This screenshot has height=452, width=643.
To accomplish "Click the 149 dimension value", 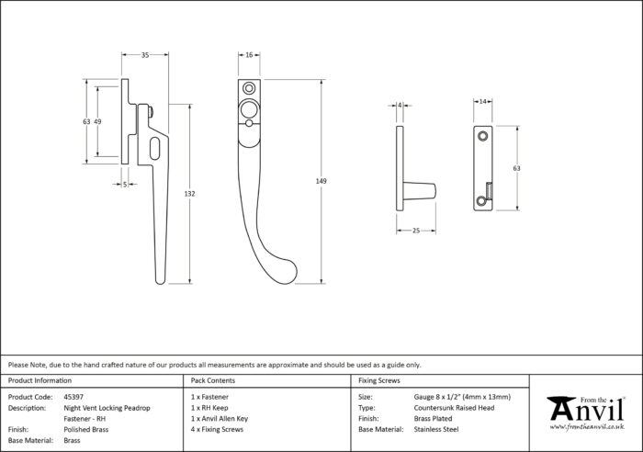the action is pyautogui.click(x=321, y=181).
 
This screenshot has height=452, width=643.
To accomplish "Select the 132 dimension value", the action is pyautogui.click(x=189, y=194).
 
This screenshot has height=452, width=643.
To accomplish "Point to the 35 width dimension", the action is pyautogui.click(x=145, y=55).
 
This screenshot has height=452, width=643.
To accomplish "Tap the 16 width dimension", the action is pyautogui.click(x=249, y=55).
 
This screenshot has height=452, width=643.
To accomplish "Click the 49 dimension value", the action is pyautogui.click(x=97, y=121).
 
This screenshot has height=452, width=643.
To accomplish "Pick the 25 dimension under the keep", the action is pyautogui.click(x=416, y=231).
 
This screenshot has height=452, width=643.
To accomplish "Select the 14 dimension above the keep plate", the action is pyautogui.click(x=482, y=101).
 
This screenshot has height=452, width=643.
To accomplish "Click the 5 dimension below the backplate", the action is pyautogui.click(x=125, y=185).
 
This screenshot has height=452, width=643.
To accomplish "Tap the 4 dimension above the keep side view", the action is pyautogui.click(x=400, y=106).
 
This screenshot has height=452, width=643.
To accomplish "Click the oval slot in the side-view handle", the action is pyautogui.click(x=154, y=149).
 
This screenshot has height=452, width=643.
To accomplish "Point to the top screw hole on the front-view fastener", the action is pyautogui.click(x=249, y=88).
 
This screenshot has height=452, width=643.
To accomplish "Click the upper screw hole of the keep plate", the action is pyautogui.click(x=482, y=135).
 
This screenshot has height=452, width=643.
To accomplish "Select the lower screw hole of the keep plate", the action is pyautogui.click(x=481, y=200).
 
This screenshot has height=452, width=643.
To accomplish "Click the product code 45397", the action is pyautogui.click(x=73, y=397).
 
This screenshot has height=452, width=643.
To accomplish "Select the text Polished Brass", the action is pyautogui.click(x=86, y=429).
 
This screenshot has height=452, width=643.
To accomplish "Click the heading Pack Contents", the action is pyautogui.click(x=213, y=380).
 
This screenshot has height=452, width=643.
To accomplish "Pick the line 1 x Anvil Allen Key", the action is pyautogui.click(x=220, y=419).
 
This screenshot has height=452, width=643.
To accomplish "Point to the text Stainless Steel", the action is pyautogui.click(x=436, y=429).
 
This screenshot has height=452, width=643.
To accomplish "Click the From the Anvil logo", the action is pyautogui.click(x=586, y=412).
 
